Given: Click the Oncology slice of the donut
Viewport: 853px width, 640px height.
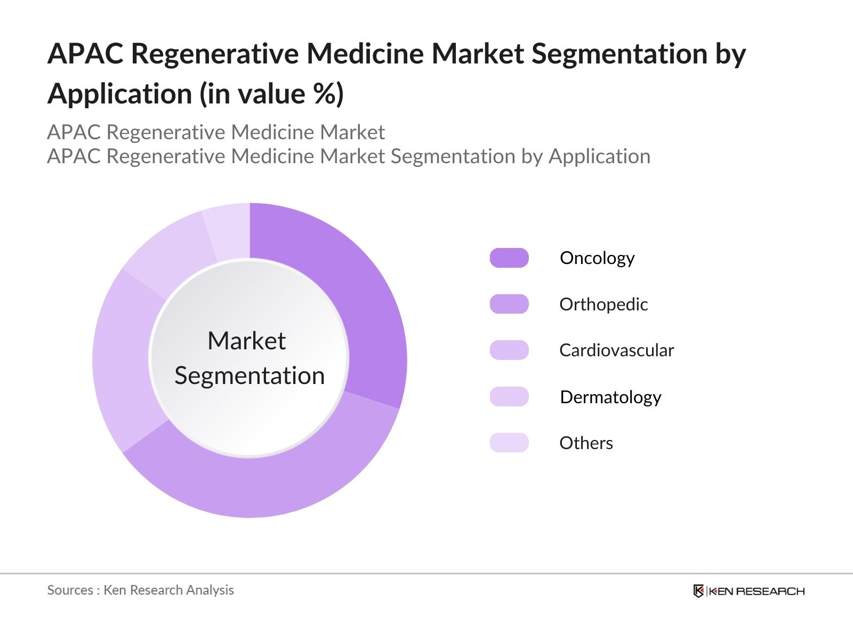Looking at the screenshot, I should (x=363, y=299).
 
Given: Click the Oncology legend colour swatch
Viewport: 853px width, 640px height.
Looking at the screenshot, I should (x=509, y=258).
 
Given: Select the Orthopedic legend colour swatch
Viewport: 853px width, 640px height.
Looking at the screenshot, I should (x=509, y=304).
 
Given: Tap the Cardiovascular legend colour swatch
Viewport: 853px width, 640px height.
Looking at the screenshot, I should (x=509, y=350).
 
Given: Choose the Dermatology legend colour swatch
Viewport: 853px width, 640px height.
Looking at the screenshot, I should (x=509, y=397).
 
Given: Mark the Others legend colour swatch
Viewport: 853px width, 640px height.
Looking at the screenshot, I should (x=509, y=443).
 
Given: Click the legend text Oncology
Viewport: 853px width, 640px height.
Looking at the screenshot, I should (x=597, y=258).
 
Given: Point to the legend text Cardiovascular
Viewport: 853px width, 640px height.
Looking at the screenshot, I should (x=616, y=350).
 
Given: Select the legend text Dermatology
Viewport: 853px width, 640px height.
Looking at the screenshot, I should (x=610, y=397).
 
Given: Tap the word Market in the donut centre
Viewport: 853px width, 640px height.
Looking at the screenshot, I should (x=246, y=341).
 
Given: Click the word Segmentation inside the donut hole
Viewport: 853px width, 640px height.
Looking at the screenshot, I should (x=250, y=375).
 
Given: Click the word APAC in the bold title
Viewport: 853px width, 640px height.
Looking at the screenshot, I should (x=85, y=53).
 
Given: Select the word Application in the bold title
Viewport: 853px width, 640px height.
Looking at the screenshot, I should (x=119, y=94).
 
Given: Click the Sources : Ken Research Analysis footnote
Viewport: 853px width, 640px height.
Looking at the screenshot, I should (x=140, y=590).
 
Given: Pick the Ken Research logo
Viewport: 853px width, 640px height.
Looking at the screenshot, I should (x=749, y=591).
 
